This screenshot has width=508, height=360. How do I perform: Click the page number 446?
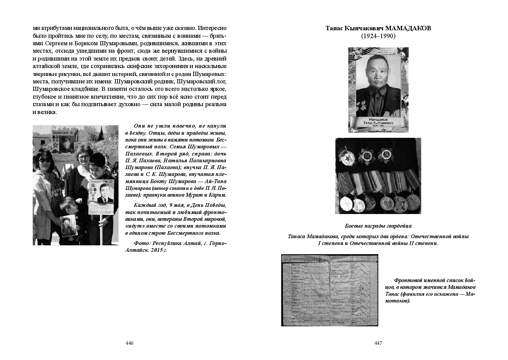[x=129, y=343]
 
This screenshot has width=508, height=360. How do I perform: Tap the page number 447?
[x=378, y=343]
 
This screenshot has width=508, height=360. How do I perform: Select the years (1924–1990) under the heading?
[x=378, y=36]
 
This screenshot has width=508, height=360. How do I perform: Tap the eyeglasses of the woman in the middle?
[x=83, y=157]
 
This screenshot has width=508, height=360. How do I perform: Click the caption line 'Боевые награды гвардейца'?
[x=378, y=226]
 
